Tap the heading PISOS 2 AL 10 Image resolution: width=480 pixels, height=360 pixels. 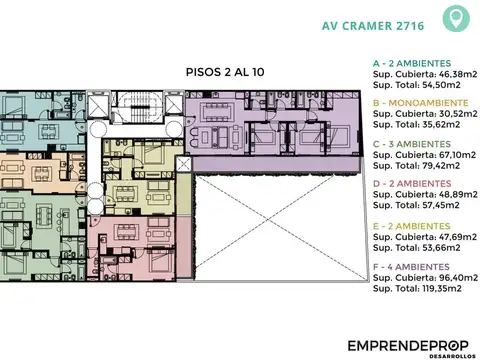tap(227, 73)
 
